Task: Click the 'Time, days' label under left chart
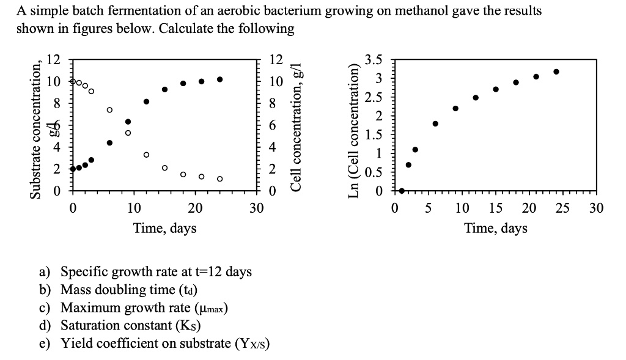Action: click(165, 228)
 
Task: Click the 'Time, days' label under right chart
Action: click(496, 228)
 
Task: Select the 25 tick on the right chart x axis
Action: click(563, 208)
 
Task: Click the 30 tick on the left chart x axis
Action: click(257, 208)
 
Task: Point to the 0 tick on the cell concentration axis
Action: click(273, 191)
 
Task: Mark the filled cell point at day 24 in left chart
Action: click(219, 79)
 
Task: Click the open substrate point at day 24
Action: click(219, 179)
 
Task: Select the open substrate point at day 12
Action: click(146, 155)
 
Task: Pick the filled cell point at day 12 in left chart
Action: click(146, 101)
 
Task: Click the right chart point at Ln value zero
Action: click(402, 191)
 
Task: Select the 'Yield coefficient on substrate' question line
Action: click(165, 343)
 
